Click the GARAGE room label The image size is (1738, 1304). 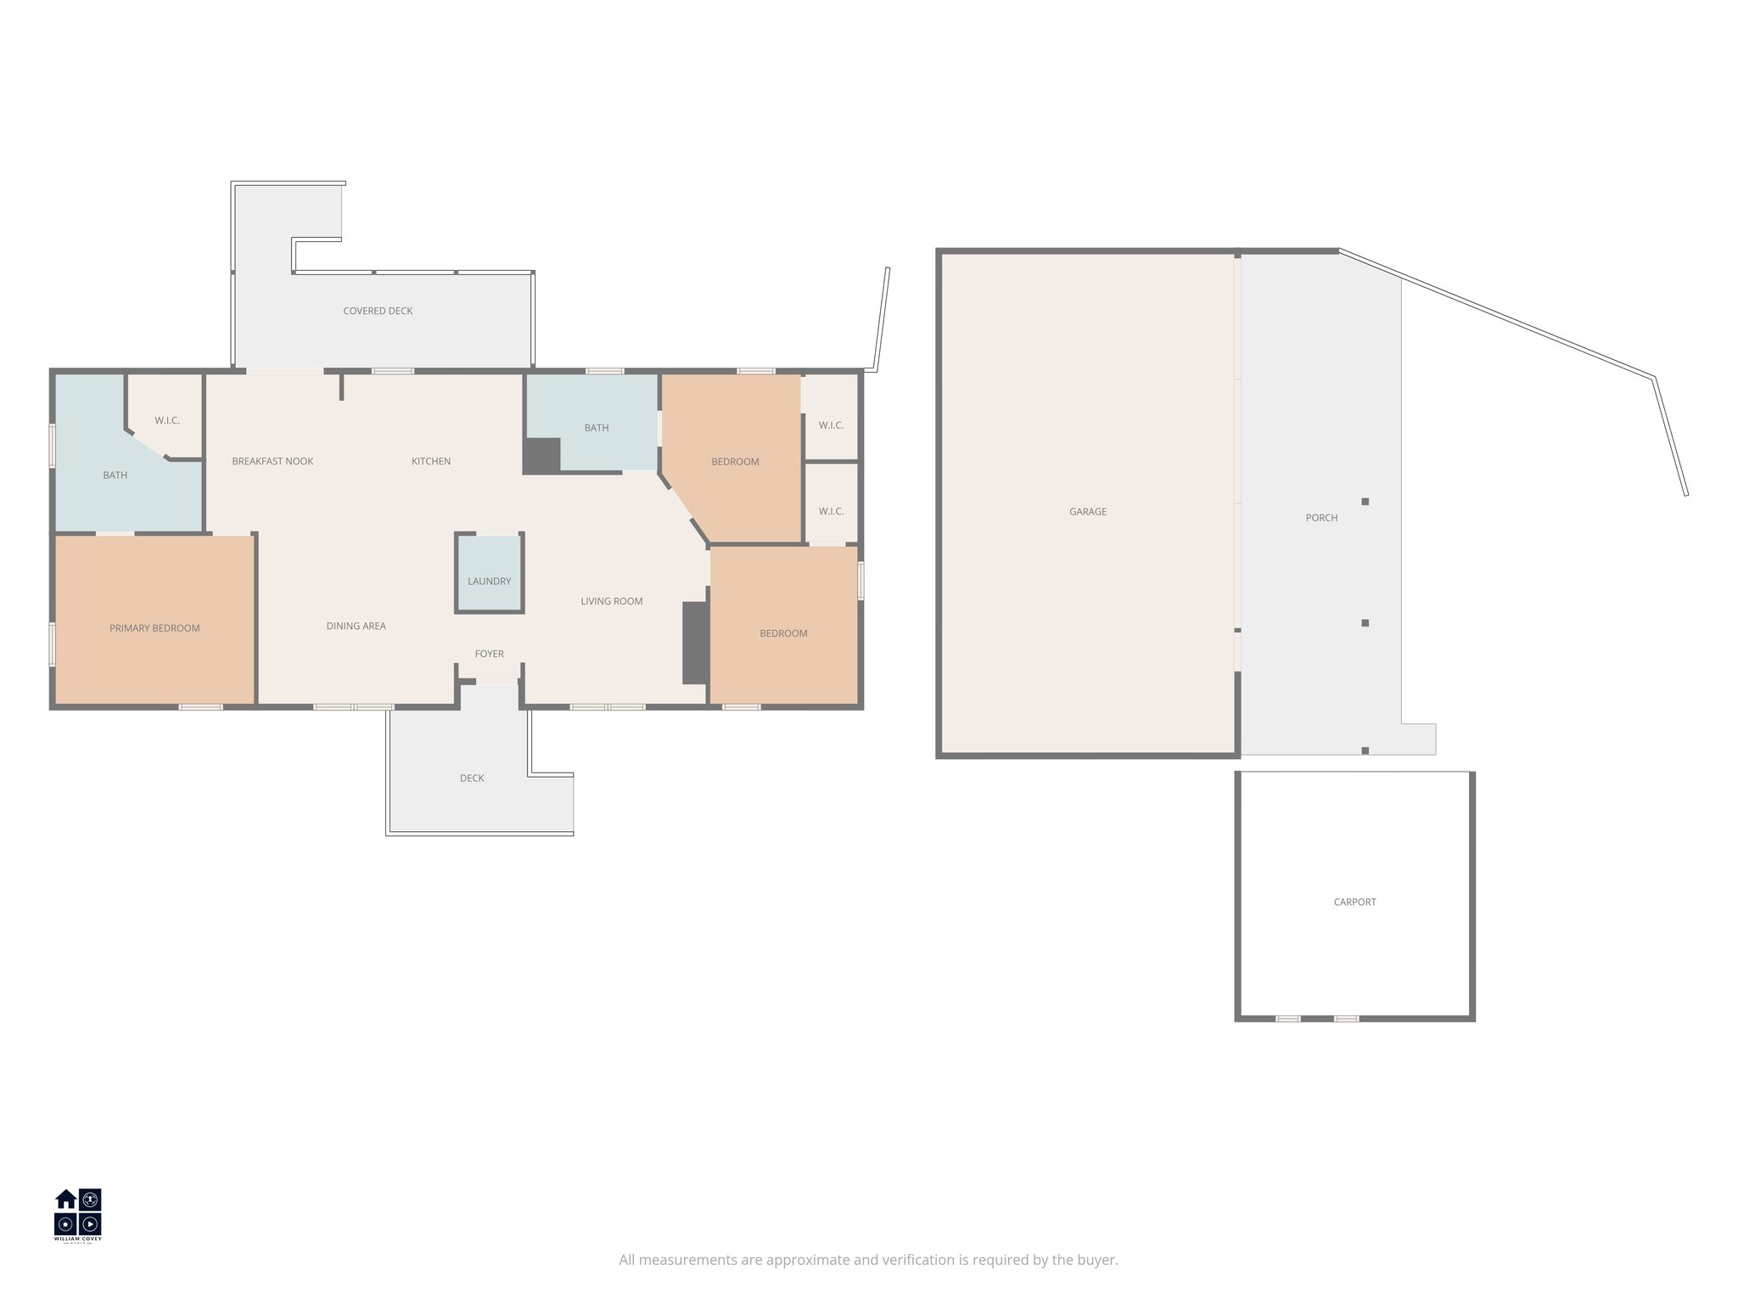pos(1087,512)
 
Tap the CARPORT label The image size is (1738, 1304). pos(1354,902)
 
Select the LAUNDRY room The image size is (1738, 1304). pos(489,581)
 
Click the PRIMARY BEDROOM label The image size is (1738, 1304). pos(154,628)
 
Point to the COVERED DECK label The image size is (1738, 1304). pos(378,312)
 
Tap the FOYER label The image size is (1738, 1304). pos(489,654)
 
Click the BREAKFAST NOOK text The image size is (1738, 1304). pos(272,462)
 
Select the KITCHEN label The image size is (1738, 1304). pos(431,462)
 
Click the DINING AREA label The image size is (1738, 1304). pos(356,627)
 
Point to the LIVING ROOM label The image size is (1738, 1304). pos(611,602)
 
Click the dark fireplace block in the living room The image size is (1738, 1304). pos(695,643)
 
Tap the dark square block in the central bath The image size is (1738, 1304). pos(541,456)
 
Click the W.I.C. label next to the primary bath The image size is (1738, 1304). pos(167,421)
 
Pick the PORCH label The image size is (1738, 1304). pos(1321,518)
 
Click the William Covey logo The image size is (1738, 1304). pos(78,1215)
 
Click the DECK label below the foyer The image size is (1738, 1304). pos(472,778)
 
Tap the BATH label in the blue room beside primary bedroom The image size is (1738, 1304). pos(115,475)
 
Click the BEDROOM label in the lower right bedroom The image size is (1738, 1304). pos(783,633)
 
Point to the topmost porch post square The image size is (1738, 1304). pos(1365,502)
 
